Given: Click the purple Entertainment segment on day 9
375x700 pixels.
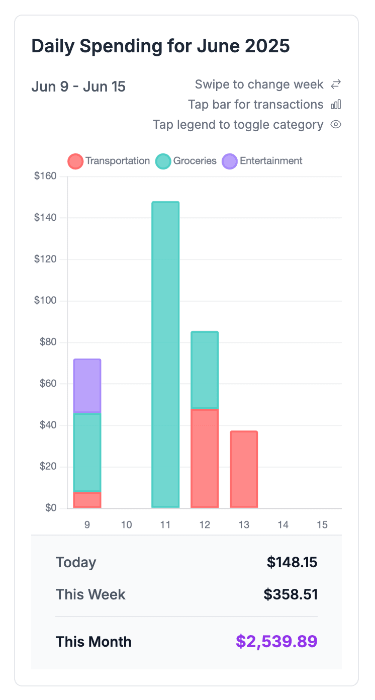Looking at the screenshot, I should pyautogui.click(x=87, y=386).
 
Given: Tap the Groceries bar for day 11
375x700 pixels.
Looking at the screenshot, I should pyautogui.click(x=165, y=355).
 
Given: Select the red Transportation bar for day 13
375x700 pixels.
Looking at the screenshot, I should pyautogui.click(x=244, y=469).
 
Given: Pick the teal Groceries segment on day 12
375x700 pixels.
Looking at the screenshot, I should pyautogui.click(x=205, y=370).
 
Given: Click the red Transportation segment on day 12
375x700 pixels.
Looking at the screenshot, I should pyautogui.click(x=205, y=458).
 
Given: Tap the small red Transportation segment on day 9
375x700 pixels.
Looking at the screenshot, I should pyautogui.click(x=87, y=500).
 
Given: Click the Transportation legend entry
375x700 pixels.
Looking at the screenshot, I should pyautogui.click(x=109, y=161).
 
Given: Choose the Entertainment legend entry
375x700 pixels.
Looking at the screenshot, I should pyautogui.click(x=262, y=161).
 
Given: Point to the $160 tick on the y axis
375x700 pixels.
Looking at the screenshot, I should pyautogui.click(x=45, y=177).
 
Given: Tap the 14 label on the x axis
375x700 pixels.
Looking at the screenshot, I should pyautogui.click(x=283, y=525).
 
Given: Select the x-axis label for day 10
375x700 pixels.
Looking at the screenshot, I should pyautogui.click(x=127, y=525).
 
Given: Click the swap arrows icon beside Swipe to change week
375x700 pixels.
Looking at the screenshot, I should pyautogui.click(x=336, y=84).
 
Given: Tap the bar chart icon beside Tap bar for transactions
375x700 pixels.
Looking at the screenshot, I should pyautogui.click(x=336, y=105).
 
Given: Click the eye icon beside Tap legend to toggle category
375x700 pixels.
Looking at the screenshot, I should pyautogui.click(x=336, y=125).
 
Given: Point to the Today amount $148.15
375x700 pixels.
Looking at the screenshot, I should pyautogui.click(x=292, y=562).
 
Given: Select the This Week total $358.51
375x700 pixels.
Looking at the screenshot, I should pyautogui.click(x=291, y=594).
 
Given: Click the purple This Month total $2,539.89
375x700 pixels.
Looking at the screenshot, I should pyautogui.click(x=276, y=642).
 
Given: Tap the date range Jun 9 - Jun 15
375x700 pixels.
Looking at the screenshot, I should pyautogui.click(x=78, y=86).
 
